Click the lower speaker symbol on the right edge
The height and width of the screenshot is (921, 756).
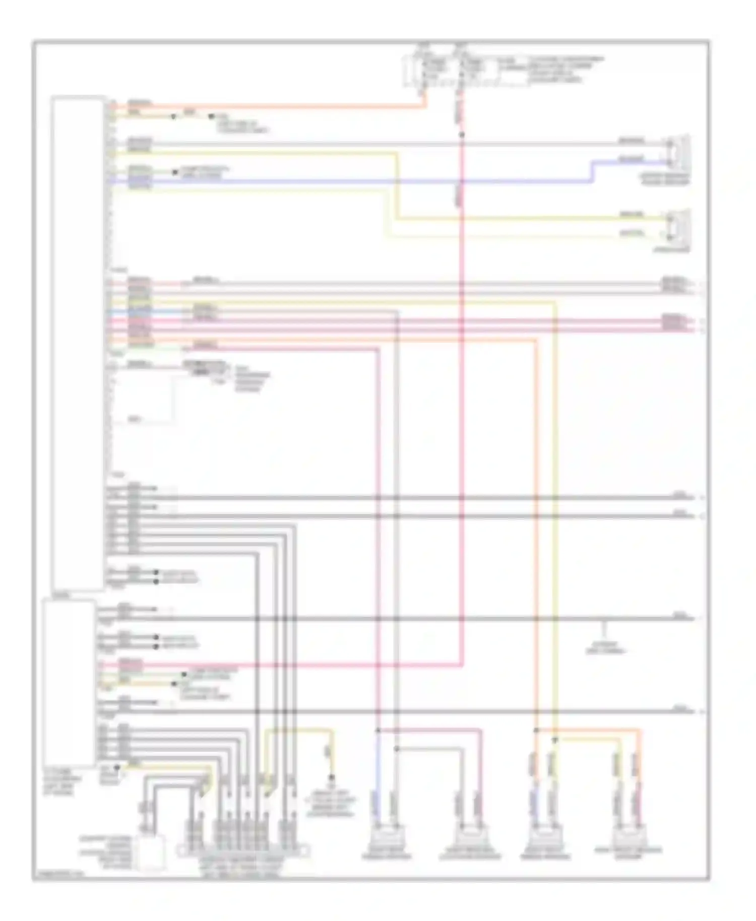[678, 226]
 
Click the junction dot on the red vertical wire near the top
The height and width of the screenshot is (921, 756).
[462, 135]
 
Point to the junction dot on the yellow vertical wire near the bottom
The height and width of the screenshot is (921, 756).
[554, 740]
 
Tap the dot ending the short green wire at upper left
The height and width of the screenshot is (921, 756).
[175, 172]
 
